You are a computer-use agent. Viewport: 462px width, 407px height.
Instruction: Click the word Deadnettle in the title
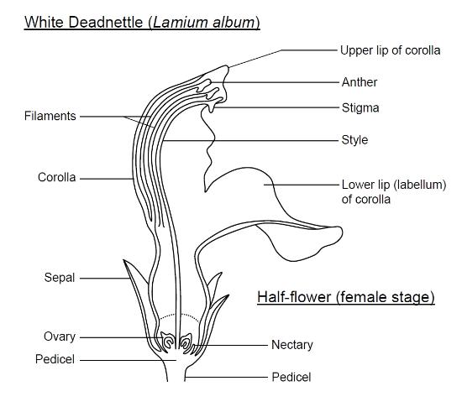[106, 23]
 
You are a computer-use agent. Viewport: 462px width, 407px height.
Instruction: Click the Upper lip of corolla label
[391, 50]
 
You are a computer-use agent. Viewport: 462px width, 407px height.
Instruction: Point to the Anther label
[360, 82]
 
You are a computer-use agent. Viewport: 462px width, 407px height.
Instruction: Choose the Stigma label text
[360, 108]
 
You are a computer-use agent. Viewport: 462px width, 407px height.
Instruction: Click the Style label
[354, 140]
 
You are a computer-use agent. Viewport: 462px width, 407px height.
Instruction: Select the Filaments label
[50, 116]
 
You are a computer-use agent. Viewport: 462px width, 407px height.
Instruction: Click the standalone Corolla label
[57, 177]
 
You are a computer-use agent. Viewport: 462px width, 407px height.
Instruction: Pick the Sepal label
[60, 278]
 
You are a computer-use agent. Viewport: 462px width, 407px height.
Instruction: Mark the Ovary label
[60, 337]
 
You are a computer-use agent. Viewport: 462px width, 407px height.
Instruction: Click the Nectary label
[292, 345]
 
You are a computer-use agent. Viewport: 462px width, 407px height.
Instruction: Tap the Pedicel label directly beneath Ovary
[55, 359]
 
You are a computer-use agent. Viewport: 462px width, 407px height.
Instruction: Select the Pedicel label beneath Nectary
[291, 378]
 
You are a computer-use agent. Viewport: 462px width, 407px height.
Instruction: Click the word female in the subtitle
[364, 296]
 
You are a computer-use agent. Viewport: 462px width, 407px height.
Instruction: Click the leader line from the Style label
[250, 141]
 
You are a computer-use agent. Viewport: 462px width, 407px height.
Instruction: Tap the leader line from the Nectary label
[230, 345]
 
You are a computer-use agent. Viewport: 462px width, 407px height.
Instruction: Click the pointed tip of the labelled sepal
[123, 260]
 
